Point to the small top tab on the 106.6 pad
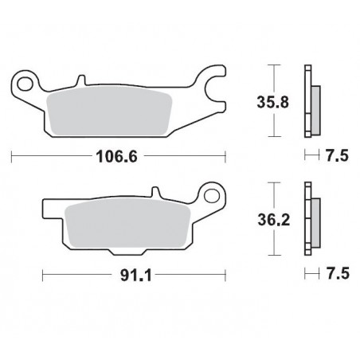(81, 80)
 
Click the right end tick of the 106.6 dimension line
(225, 156)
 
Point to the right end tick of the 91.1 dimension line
(224, 276)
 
